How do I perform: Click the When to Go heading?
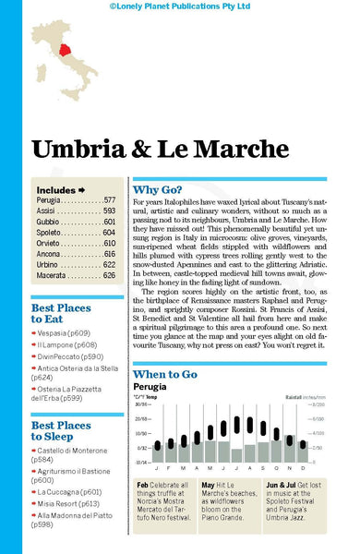(x=165, y=349)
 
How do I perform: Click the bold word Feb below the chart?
(x=143, y=484)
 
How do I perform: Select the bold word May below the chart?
(x=209, y=484)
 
